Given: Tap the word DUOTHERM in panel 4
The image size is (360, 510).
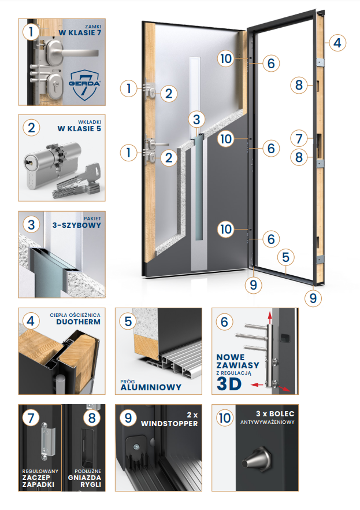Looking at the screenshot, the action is tap(79, 322).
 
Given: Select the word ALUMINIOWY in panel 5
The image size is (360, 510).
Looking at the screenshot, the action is tap(151, 387).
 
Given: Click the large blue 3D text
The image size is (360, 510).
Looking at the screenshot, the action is tap(229, 384).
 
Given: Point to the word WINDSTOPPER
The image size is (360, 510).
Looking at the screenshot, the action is tap(169, 423).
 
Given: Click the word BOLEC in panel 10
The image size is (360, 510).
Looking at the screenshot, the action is tap(281, 414).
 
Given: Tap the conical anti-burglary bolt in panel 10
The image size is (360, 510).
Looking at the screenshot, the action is tap(256, 460).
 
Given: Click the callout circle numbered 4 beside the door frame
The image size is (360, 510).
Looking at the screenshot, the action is tap(337, 43).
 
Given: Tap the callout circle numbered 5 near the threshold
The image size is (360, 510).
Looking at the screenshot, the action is tap(286, 257).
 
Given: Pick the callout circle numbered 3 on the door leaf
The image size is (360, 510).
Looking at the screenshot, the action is tap(196, 119).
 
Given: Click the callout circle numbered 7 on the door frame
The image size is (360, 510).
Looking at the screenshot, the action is tap(299, 139).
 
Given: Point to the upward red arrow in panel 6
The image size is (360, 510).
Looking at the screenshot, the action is tap(269, 317).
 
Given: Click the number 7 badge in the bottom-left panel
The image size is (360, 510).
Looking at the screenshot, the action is tap(31, 418).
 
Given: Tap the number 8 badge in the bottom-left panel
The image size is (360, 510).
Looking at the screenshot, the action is tap(92, 418).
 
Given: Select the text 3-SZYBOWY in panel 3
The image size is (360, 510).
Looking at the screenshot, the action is tap(77, 225).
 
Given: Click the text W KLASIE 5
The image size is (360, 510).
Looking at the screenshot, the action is tap(79, 129).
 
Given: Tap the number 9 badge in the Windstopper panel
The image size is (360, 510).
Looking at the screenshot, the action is tap(128, 418).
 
